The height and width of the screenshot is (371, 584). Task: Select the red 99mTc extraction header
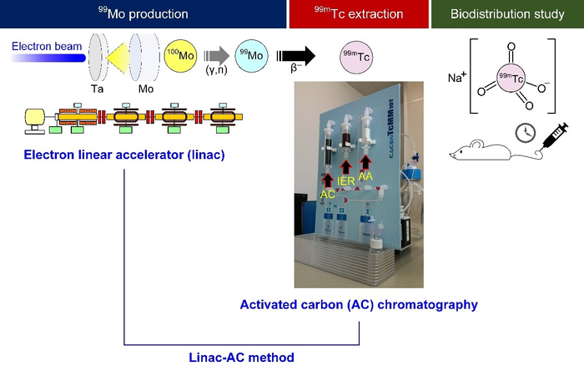[356, 14]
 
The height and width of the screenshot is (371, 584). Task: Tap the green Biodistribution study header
[506, 14]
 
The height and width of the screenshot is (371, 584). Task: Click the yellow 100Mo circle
[182, 57]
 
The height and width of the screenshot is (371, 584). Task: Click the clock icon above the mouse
[523, 133]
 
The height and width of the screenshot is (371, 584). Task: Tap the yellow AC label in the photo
[328, 193]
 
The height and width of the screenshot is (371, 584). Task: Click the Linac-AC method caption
[242, 358]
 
